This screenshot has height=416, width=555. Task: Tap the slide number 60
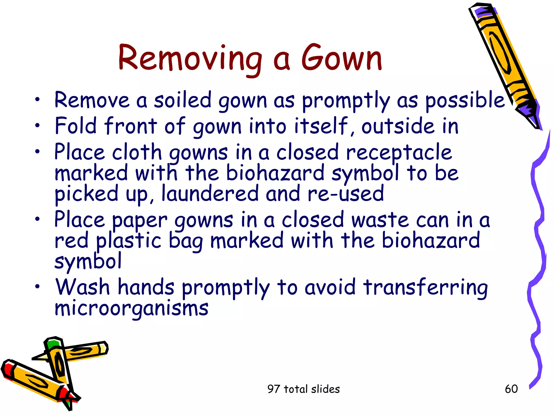pyautogui.click(x=511, y=389)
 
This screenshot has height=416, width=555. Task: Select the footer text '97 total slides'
pyautogui.click(x=303, y=389)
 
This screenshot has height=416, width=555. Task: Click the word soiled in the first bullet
pyautogui.click(x=182, y=100)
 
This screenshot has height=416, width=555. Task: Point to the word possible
pyautogui.click(x=464, y=100)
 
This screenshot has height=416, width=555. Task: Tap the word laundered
pyautogui.click(x=210, y=193)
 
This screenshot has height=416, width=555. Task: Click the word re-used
pyautogui.click(x=346, y=193)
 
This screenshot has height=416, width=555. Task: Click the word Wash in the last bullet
pyautogui.click(x=82, y=287)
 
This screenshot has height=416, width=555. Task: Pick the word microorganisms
pyautogui.click(x=131, y=309)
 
